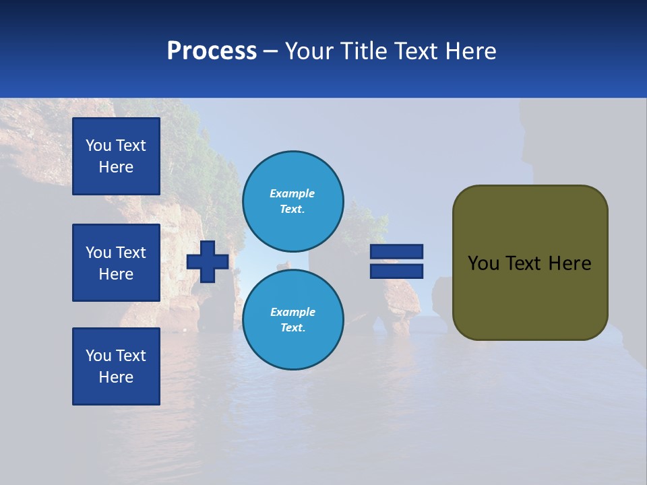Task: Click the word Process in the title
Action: coord(212,51)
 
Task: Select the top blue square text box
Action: coord(116,156)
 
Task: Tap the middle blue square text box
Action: coord(116,263)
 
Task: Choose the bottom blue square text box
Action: coord(116,366)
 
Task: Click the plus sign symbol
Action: coord(208,262)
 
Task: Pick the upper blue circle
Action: coord(293,201)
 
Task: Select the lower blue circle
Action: coord(293,319)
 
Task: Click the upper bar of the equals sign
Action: coord(396,252)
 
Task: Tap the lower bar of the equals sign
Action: coord(396,271)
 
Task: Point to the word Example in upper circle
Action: coord(292,193)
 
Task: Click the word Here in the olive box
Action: coord(569,263)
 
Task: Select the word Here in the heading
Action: coord(471,51)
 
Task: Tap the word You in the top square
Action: coord(98,145)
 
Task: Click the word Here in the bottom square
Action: coord(116,377)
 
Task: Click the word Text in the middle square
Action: coord(130,253)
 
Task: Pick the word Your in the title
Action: coord(309,51)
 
